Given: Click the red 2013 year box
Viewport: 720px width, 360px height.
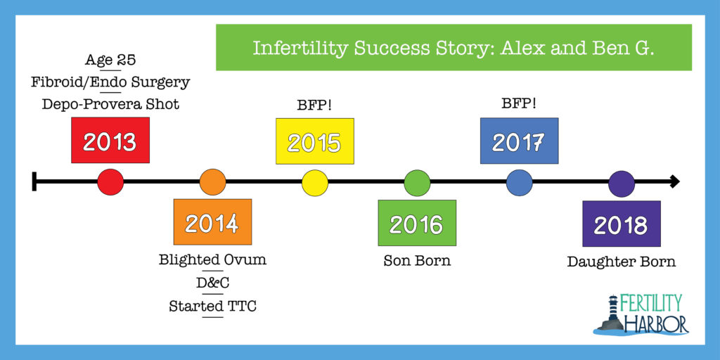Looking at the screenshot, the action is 110,140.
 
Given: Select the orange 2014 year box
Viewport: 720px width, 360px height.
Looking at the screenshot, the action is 212,222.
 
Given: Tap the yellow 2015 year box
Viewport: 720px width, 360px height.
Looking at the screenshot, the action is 315,141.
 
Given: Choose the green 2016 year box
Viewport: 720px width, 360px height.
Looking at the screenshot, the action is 417,223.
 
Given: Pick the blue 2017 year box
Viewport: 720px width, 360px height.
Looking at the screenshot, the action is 520,141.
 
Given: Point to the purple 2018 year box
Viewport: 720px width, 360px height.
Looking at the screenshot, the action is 622,224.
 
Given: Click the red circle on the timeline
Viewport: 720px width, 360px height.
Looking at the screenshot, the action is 110,182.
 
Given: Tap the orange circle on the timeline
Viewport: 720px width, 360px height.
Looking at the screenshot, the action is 212,182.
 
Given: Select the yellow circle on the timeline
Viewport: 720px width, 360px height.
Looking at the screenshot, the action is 315,183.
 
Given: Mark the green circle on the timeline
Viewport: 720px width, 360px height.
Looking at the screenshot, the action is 417,183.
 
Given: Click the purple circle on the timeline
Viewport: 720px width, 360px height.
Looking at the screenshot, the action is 622,184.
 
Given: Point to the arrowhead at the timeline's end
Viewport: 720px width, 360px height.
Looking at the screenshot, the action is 674,182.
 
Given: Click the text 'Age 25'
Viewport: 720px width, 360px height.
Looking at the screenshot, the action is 110,60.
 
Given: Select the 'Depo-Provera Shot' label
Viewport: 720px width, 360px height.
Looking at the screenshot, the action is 110,105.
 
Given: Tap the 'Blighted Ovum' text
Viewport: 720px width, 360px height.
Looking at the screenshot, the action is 212,260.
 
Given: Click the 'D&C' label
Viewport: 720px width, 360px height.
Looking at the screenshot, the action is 212,283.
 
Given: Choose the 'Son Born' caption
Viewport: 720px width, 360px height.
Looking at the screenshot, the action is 417,261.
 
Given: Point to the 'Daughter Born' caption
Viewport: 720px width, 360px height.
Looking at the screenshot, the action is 622,262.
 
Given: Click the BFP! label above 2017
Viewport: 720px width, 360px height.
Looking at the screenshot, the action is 520,105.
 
